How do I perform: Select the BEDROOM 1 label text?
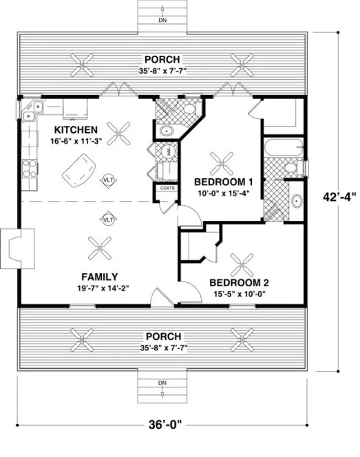(x=224, y=182)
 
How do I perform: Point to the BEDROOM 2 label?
(x=239, y=283)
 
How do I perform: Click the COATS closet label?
(x=166, y=187)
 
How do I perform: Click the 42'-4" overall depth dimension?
(x=340, y=195)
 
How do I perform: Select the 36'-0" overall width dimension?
(x=171, y=436)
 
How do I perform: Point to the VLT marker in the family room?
(x=108, y=220)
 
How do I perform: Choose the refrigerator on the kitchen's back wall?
(x=73, y=108)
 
